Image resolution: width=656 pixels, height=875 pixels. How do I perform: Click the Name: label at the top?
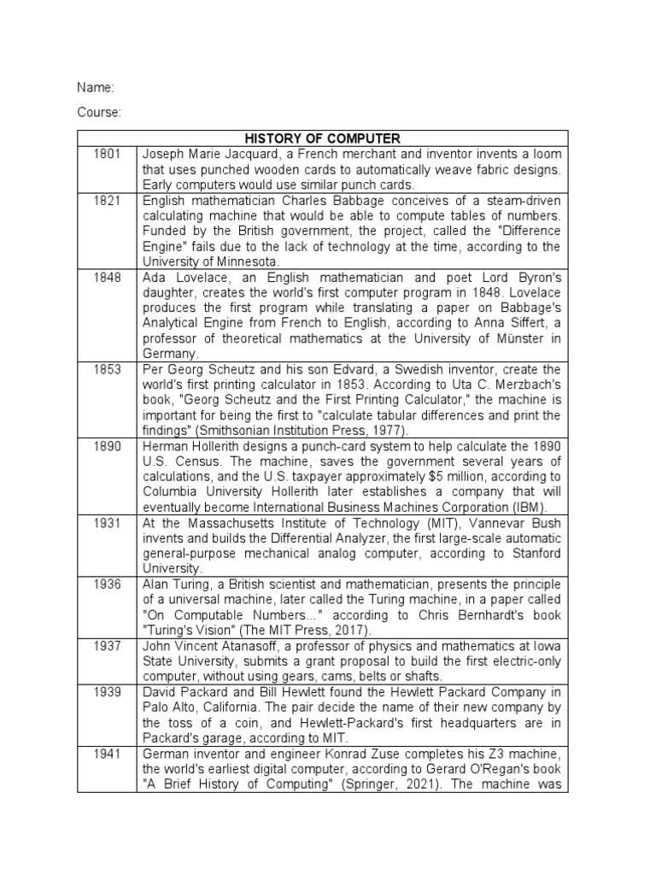pyautogui.click(x=94, y=88)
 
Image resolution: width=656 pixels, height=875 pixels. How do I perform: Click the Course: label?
pyautogui.click(x=98, y=112)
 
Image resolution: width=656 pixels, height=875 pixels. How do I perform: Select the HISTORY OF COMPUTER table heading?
pyautogui.click(x=322, y=138)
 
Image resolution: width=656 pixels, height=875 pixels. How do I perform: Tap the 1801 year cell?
pyautogui.click(x=107, y=154)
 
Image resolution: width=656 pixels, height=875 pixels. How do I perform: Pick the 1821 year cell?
pyautogui.click(x=107, y=200)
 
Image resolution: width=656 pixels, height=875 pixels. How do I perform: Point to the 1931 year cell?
pyautogui.click(x=107, y=522)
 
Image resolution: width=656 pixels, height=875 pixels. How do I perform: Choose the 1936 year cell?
pyautogui.click(x=107, y=584)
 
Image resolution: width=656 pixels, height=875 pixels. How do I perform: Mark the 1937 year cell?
pyautogui.click(x=107, y=645)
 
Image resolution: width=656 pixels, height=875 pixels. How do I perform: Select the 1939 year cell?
pyautogui.click(x=107, y=691)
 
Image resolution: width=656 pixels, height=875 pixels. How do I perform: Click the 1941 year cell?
pyautogui.click(x=107, y=753)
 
